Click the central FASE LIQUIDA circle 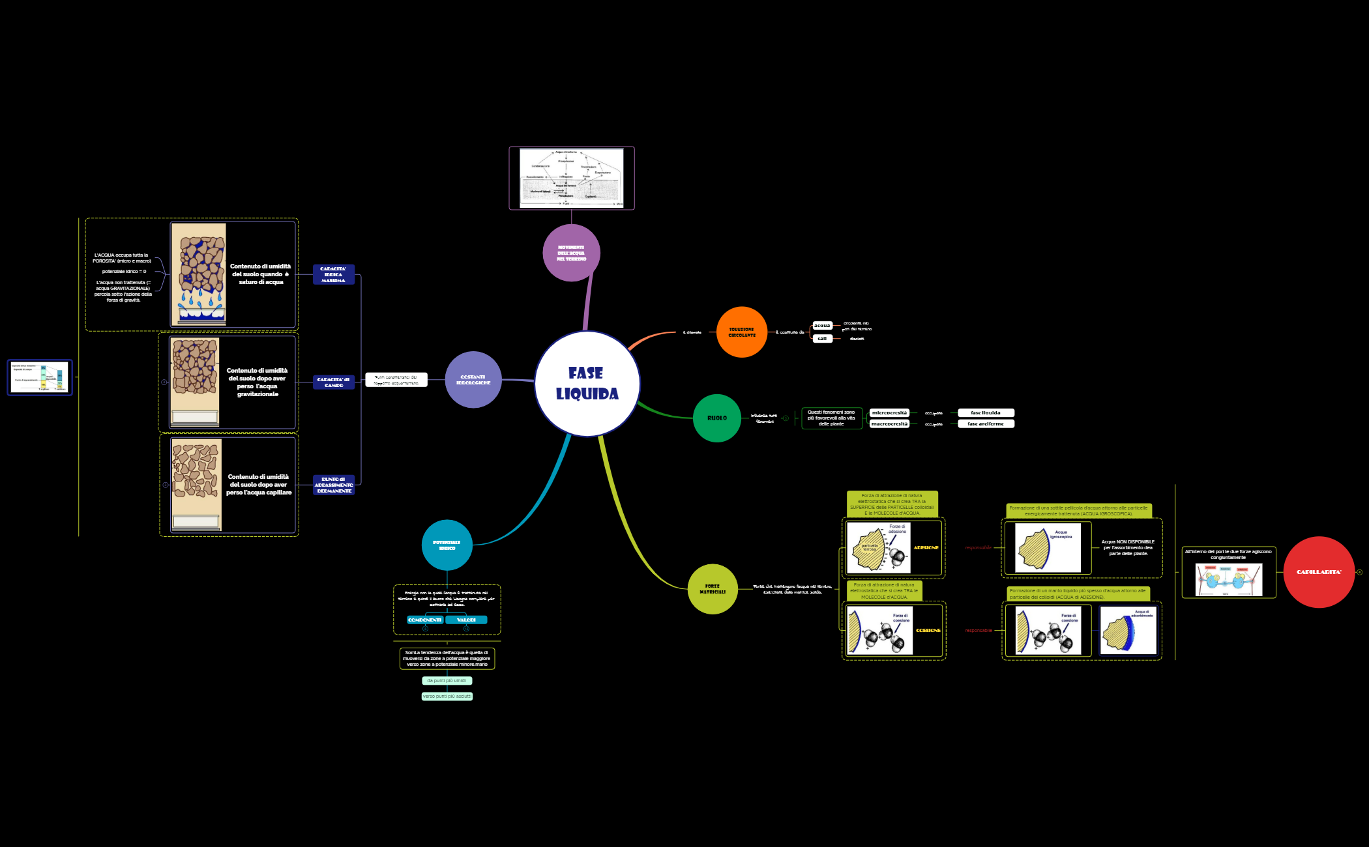587,384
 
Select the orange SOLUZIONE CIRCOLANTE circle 741,332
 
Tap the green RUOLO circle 716,418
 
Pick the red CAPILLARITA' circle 1319,572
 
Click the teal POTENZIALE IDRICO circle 447,545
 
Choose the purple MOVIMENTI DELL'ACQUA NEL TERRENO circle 571,253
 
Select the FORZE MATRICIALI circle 713,589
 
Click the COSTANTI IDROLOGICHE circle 473,380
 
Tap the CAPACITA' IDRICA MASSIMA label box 333,274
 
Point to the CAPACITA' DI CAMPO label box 333,382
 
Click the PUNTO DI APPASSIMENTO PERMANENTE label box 333,485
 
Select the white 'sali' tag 822,339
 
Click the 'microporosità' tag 889,413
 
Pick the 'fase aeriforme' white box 986,424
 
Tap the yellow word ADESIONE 926,548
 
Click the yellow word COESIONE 928,631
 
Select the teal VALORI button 466,620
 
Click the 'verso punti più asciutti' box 447,696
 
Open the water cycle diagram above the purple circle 571,178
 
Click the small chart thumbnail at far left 40,377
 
